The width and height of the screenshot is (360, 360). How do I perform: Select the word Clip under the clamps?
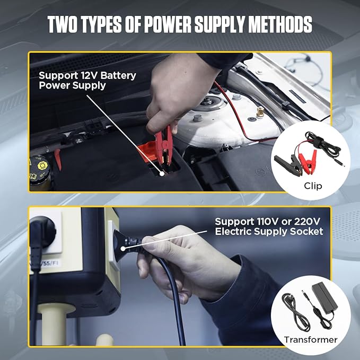click(x=313, y=186)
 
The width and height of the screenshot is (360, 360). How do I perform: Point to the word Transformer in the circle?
click(x=311, y=339)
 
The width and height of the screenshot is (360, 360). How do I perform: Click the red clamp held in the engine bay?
click(x=163, y=145)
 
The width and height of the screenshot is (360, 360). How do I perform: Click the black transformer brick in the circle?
click(x=324, y=297)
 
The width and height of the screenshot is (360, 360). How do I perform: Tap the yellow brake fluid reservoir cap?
click(x=42, y=165)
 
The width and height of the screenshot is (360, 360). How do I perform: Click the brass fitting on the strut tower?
click(x=260, y=112)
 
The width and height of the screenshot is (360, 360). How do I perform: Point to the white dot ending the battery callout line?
click(x=162, y=173)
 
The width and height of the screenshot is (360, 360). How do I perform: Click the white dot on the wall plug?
click(x=123, y=249)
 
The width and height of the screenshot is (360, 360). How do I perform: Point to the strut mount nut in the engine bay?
click(x=208, y=101)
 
